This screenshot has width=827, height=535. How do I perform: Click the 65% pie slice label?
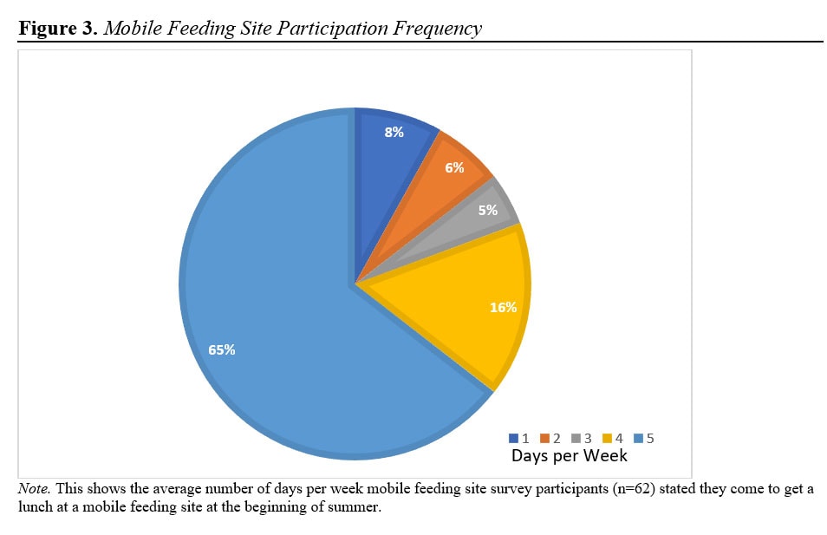[221, 350]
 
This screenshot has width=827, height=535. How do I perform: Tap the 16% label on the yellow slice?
[503, 307]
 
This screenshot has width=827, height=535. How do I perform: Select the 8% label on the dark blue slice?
[394, 133]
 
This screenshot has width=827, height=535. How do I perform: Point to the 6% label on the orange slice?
[454, 167]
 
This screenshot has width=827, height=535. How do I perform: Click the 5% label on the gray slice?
[487, 210]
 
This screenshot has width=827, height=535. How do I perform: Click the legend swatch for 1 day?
[514, 439]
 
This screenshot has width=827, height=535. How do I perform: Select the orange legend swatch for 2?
[545, 439]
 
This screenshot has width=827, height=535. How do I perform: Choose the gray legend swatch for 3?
[576, 439]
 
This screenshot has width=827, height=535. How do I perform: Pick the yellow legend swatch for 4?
[608, 439]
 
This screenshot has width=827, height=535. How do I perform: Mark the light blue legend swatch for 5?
[639, 439]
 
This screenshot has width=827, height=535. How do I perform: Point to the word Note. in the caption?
[34, 490]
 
